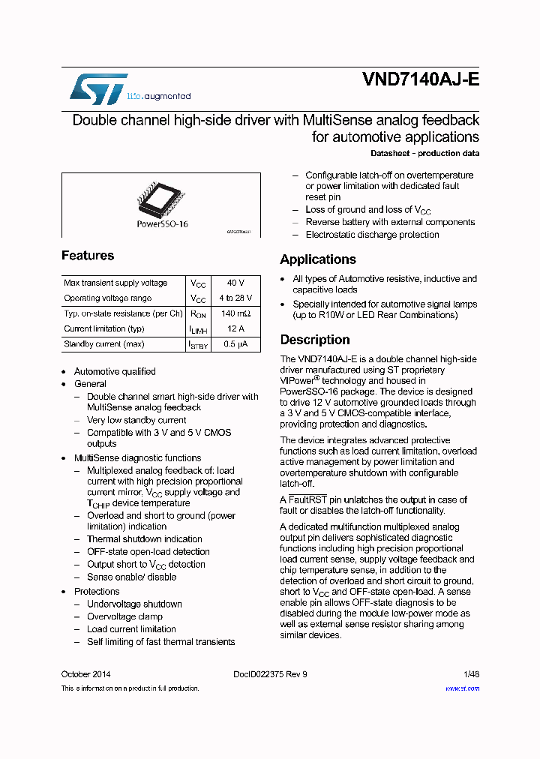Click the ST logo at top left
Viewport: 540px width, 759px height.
(x=99, y=89)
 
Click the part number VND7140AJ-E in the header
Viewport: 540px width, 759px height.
(x=420, y=80)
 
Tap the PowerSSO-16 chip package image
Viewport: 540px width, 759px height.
(x=161, y=196)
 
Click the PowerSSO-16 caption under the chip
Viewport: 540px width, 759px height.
(x=162, y=224)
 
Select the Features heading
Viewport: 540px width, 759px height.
(x=88, y=256)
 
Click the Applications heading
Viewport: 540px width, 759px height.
(x=318, y=259)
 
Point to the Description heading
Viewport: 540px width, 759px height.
(x=315, y=340)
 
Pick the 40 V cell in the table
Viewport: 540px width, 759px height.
(x=235, y=283)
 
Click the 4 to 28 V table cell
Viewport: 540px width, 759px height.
(x=235, y=298)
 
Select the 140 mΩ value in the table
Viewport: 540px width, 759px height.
(x=235, y=313)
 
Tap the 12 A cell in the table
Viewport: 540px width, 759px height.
(x=235, y=329)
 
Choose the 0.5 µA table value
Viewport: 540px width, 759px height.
(x=235, y=344)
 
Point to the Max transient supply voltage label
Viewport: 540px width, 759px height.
(x=115, y=283)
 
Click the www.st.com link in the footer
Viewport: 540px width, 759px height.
(x=462, y=688)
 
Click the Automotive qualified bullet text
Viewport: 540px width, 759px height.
(x=115, y=371)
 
